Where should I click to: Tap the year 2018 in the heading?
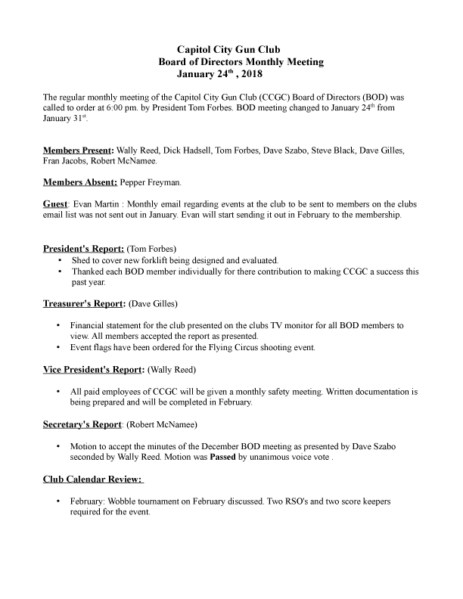pyautogui.click(x=248, y=75)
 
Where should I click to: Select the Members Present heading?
pyautogui.click(x=78, y=151)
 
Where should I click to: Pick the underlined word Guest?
pyautogui.click(x=56, y=204)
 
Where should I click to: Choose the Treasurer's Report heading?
pyautogui.click(x=83, y=304)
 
